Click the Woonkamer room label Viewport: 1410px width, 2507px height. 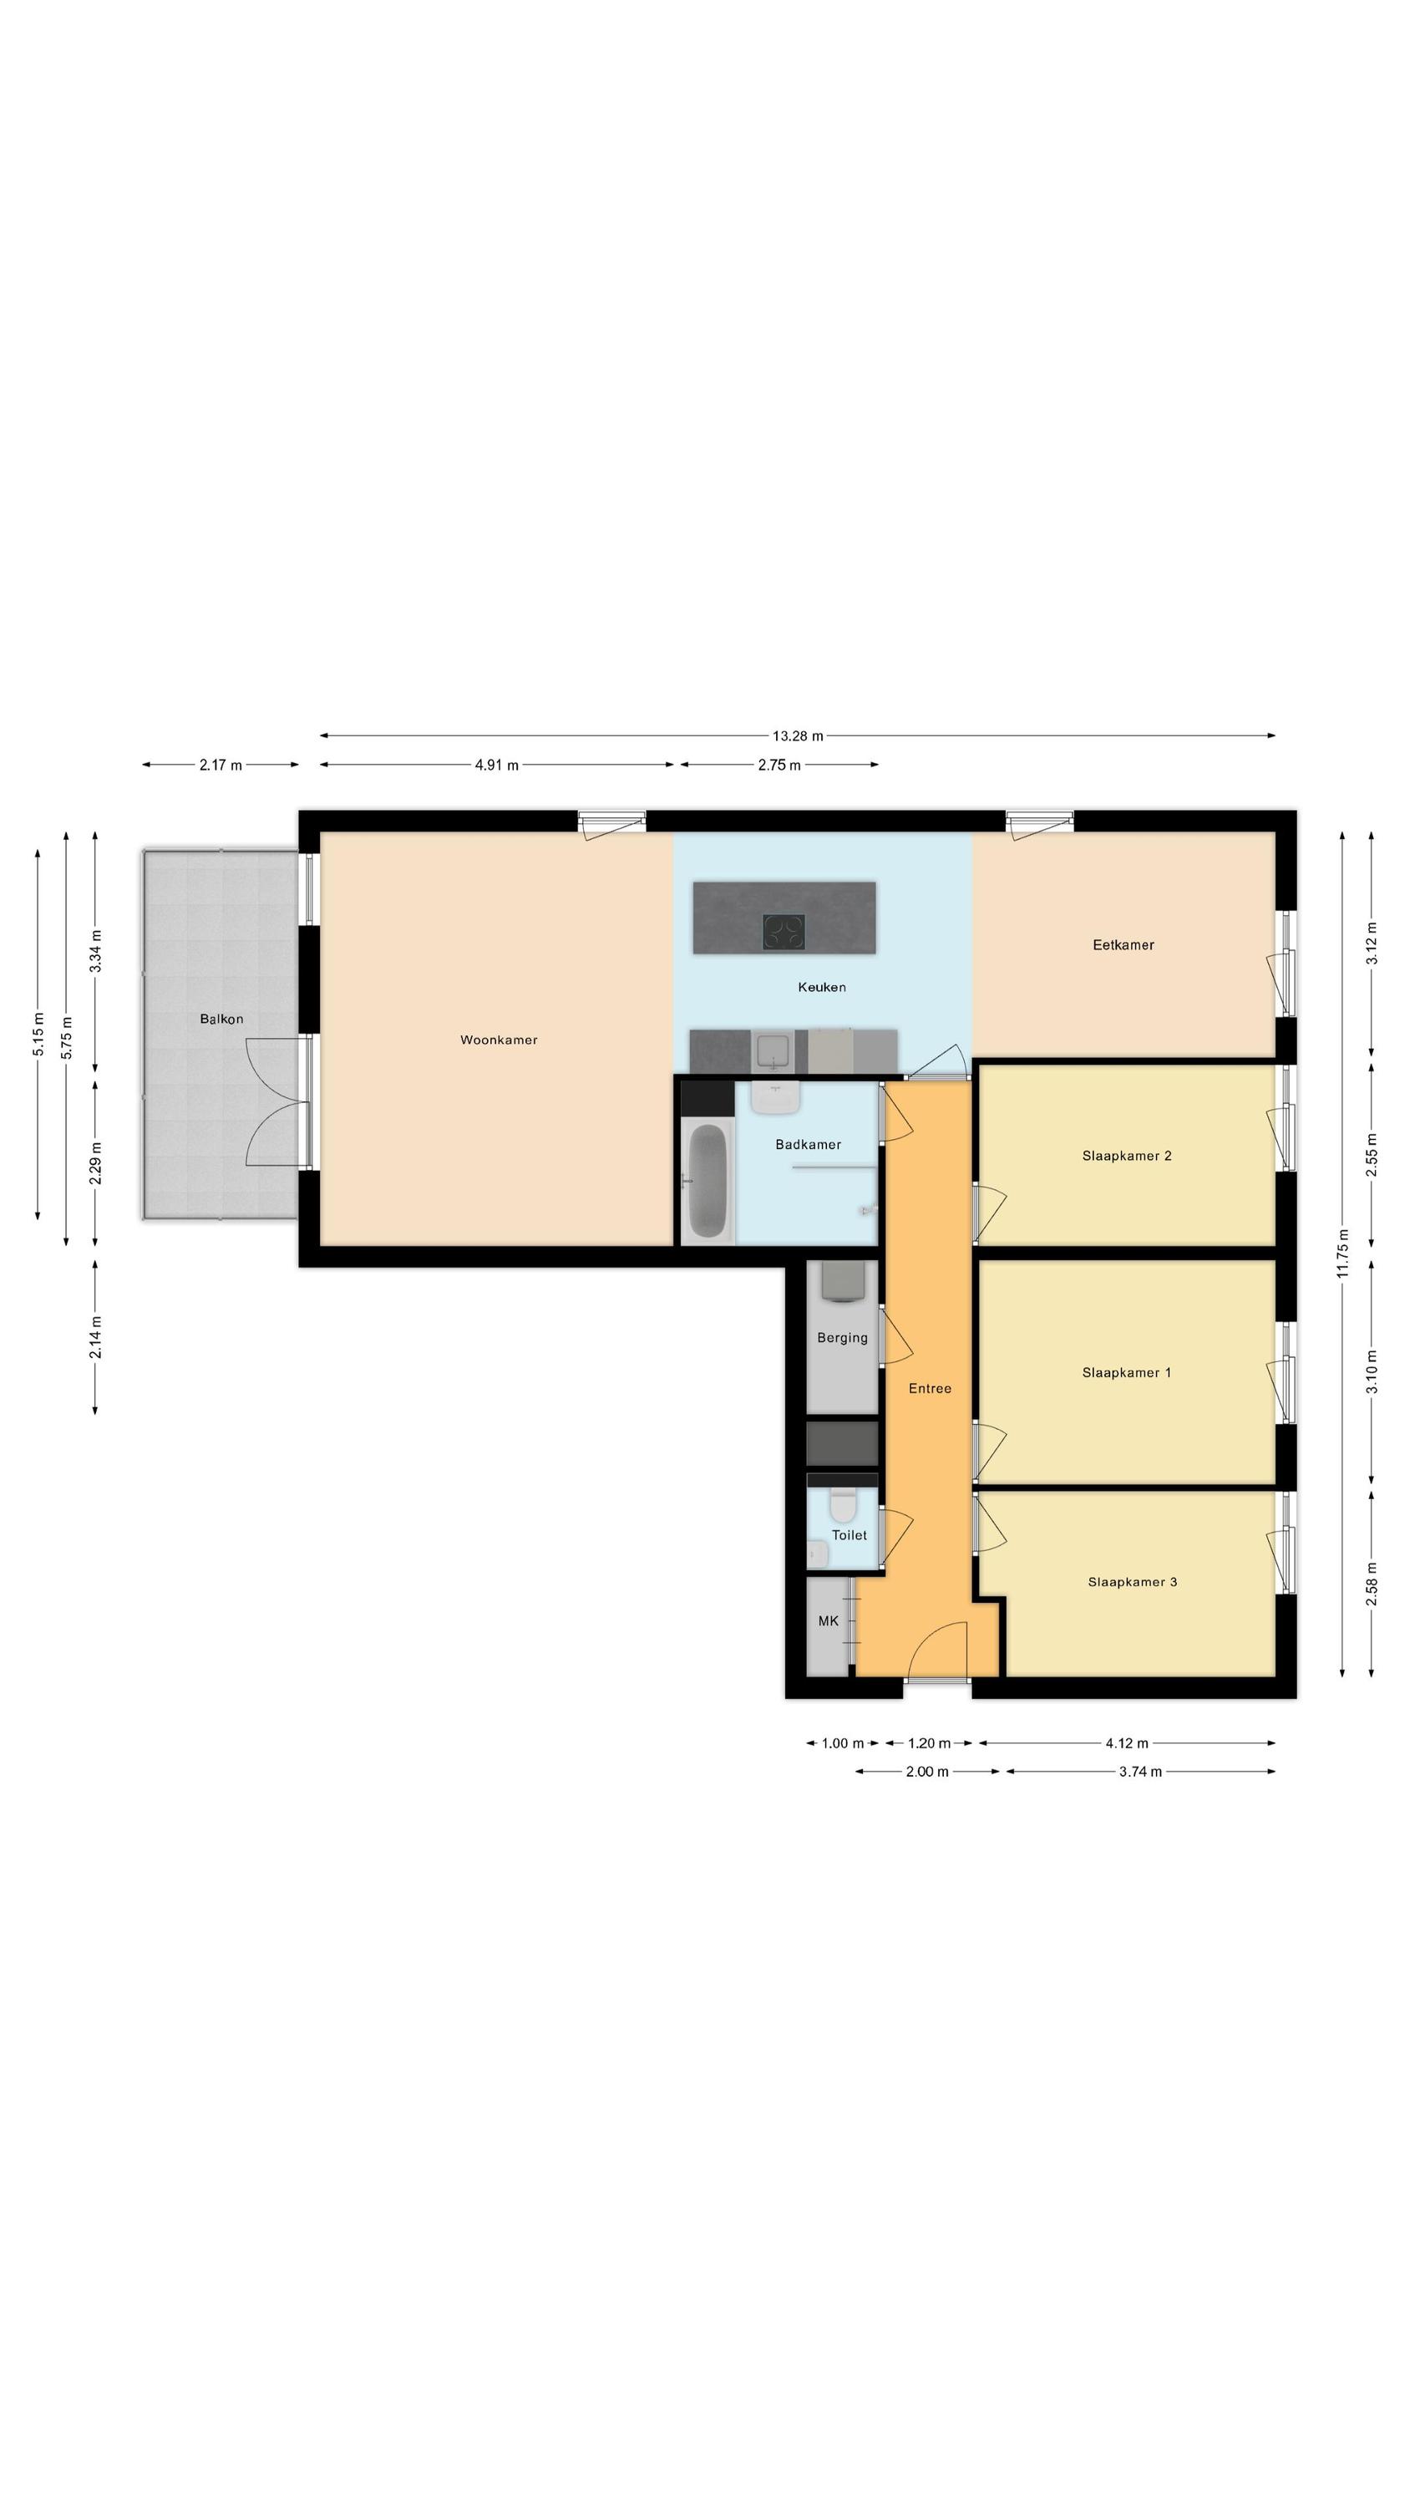[x=498, y=1040]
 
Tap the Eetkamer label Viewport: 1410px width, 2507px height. [x=1123, y=944]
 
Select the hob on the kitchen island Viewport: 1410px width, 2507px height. [x=784, y=933]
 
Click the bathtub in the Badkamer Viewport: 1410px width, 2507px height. [x=708, y=1179]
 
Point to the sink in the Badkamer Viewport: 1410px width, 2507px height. [x=775, y=1098]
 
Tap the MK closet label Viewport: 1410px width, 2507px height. [x=828, y=1620]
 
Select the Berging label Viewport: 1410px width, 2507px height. [x=842, y=1337]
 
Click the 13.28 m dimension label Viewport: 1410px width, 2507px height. [x=798, y=735]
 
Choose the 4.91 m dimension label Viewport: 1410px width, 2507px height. [x=496, y=765]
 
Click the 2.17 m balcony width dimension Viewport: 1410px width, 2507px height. [x=221, y=765]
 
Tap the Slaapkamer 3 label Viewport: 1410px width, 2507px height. [x=1133, y=1581]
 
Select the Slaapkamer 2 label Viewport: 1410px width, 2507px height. [x=1127, y=1155]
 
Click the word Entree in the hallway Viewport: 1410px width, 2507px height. [x=931, y=1388]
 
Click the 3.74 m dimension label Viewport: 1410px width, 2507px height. [x=1140, y=1772]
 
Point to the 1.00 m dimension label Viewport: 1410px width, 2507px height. [x=843, y=1743]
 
